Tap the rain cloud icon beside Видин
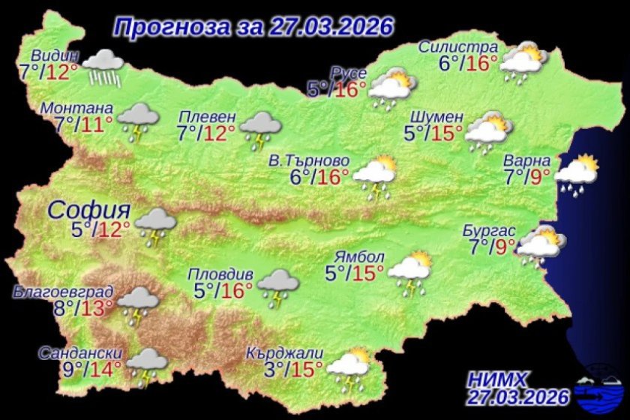tap(104, 67)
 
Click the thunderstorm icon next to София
tap(156, 226)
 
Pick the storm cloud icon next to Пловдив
tap(278, 286)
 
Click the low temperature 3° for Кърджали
tap(257, 368)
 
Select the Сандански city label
tap(79, 354)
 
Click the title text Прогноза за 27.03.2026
tap(253, 26)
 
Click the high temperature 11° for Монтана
tap(97, 123)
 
